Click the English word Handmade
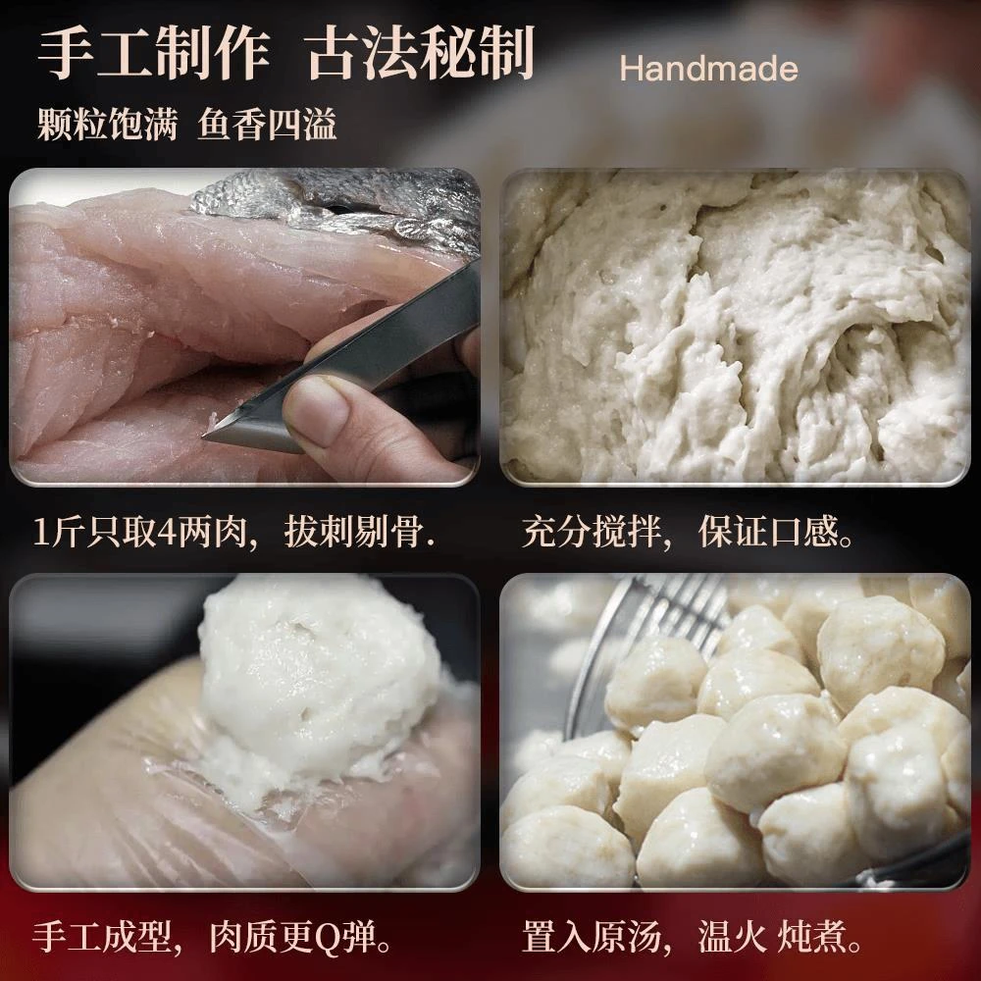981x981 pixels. click(708, 69)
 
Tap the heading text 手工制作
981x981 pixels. click(154, 53)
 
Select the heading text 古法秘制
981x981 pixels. click(421, 53)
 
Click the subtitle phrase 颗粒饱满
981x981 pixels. click(107, 124)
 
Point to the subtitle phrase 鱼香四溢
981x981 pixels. click(267, 124)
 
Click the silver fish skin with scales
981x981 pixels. click(337, 206)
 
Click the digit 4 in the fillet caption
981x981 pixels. click(166, 533)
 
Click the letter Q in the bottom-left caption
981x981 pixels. click(326, 938)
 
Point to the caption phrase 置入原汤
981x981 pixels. click(592, 937)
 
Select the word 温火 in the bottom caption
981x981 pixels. click(733, 937)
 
